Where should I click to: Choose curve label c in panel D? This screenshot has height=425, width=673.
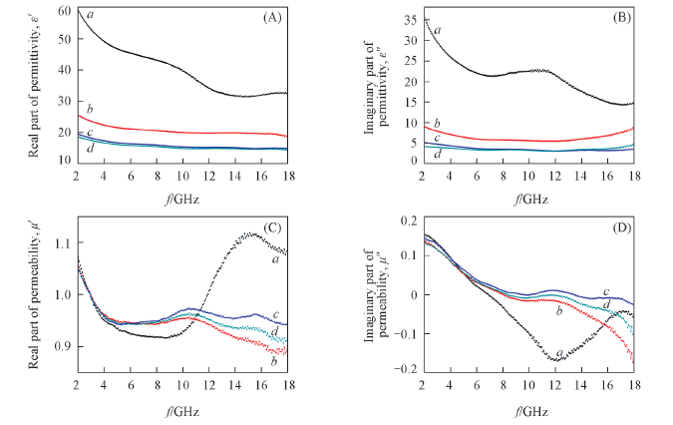point(605,292)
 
